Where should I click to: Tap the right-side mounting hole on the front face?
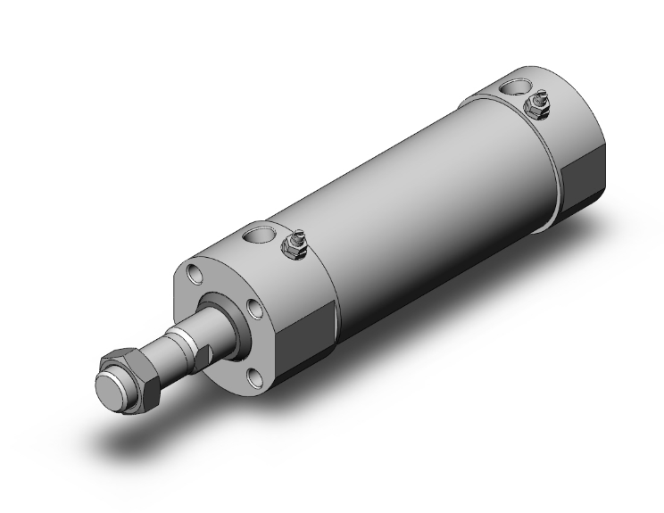(x=255, y=309)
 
